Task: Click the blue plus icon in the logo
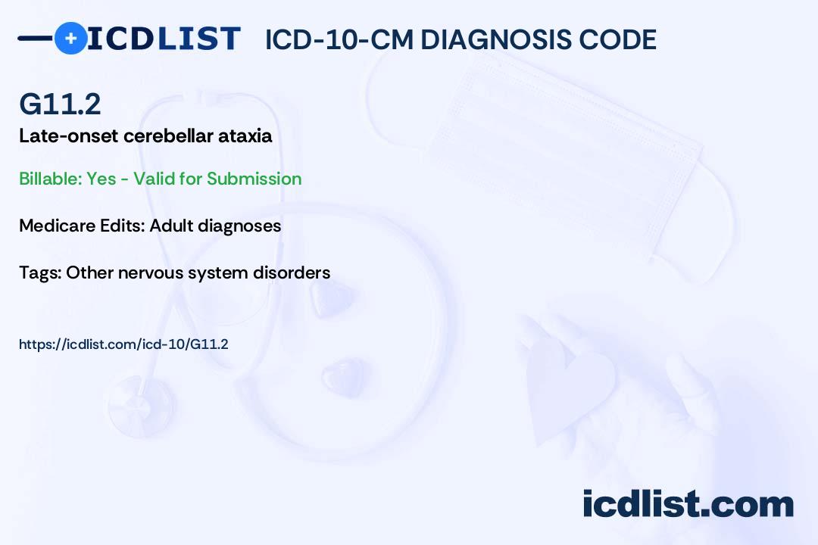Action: tap(71, 38)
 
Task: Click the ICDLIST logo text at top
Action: tap(164, 39)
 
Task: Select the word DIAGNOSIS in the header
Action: tap(496, 39)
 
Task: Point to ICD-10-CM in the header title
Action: tap(339, 39)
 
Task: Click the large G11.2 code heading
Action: tap(60, 104)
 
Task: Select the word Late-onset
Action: tap(69, 136)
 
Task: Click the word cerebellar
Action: tap(168, 136)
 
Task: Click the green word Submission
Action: tap(254, 179)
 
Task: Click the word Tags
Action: tap(40, 272)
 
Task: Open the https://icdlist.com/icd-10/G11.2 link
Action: tap(123, 344)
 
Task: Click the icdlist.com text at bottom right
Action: tap(688, 503)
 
